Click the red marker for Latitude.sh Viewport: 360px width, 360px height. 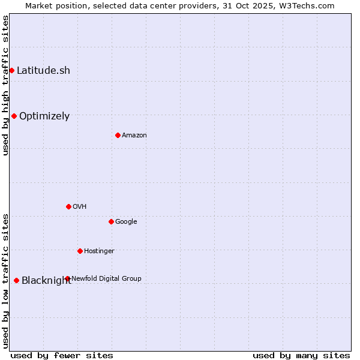(11, 70)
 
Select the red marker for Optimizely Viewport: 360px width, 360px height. (14, 116)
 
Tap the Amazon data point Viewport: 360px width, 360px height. (118, 135)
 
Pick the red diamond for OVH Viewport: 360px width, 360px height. (68, 206)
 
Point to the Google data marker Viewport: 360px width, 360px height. (111, 221)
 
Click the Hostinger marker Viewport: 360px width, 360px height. (80, 251)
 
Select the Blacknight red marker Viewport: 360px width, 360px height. (16, 280)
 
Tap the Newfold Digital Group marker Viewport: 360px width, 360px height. (67, 278)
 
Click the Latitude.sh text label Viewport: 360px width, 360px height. (43, 70)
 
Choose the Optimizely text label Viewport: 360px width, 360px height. (44, 116)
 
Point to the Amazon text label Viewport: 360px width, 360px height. (134, 135)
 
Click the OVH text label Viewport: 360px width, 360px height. (80, 206)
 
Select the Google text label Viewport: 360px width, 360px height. (126, 221)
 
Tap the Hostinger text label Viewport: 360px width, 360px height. (99, 251)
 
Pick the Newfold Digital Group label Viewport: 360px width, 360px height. (106, 278)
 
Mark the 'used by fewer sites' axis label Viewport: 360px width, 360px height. (62, 355)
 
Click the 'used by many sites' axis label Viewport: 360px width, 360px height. (301, 355)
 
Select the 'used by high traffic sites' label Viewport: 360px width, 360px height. (5, 85)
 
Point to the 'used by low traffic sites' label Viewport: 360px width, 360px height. (5, 280)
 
